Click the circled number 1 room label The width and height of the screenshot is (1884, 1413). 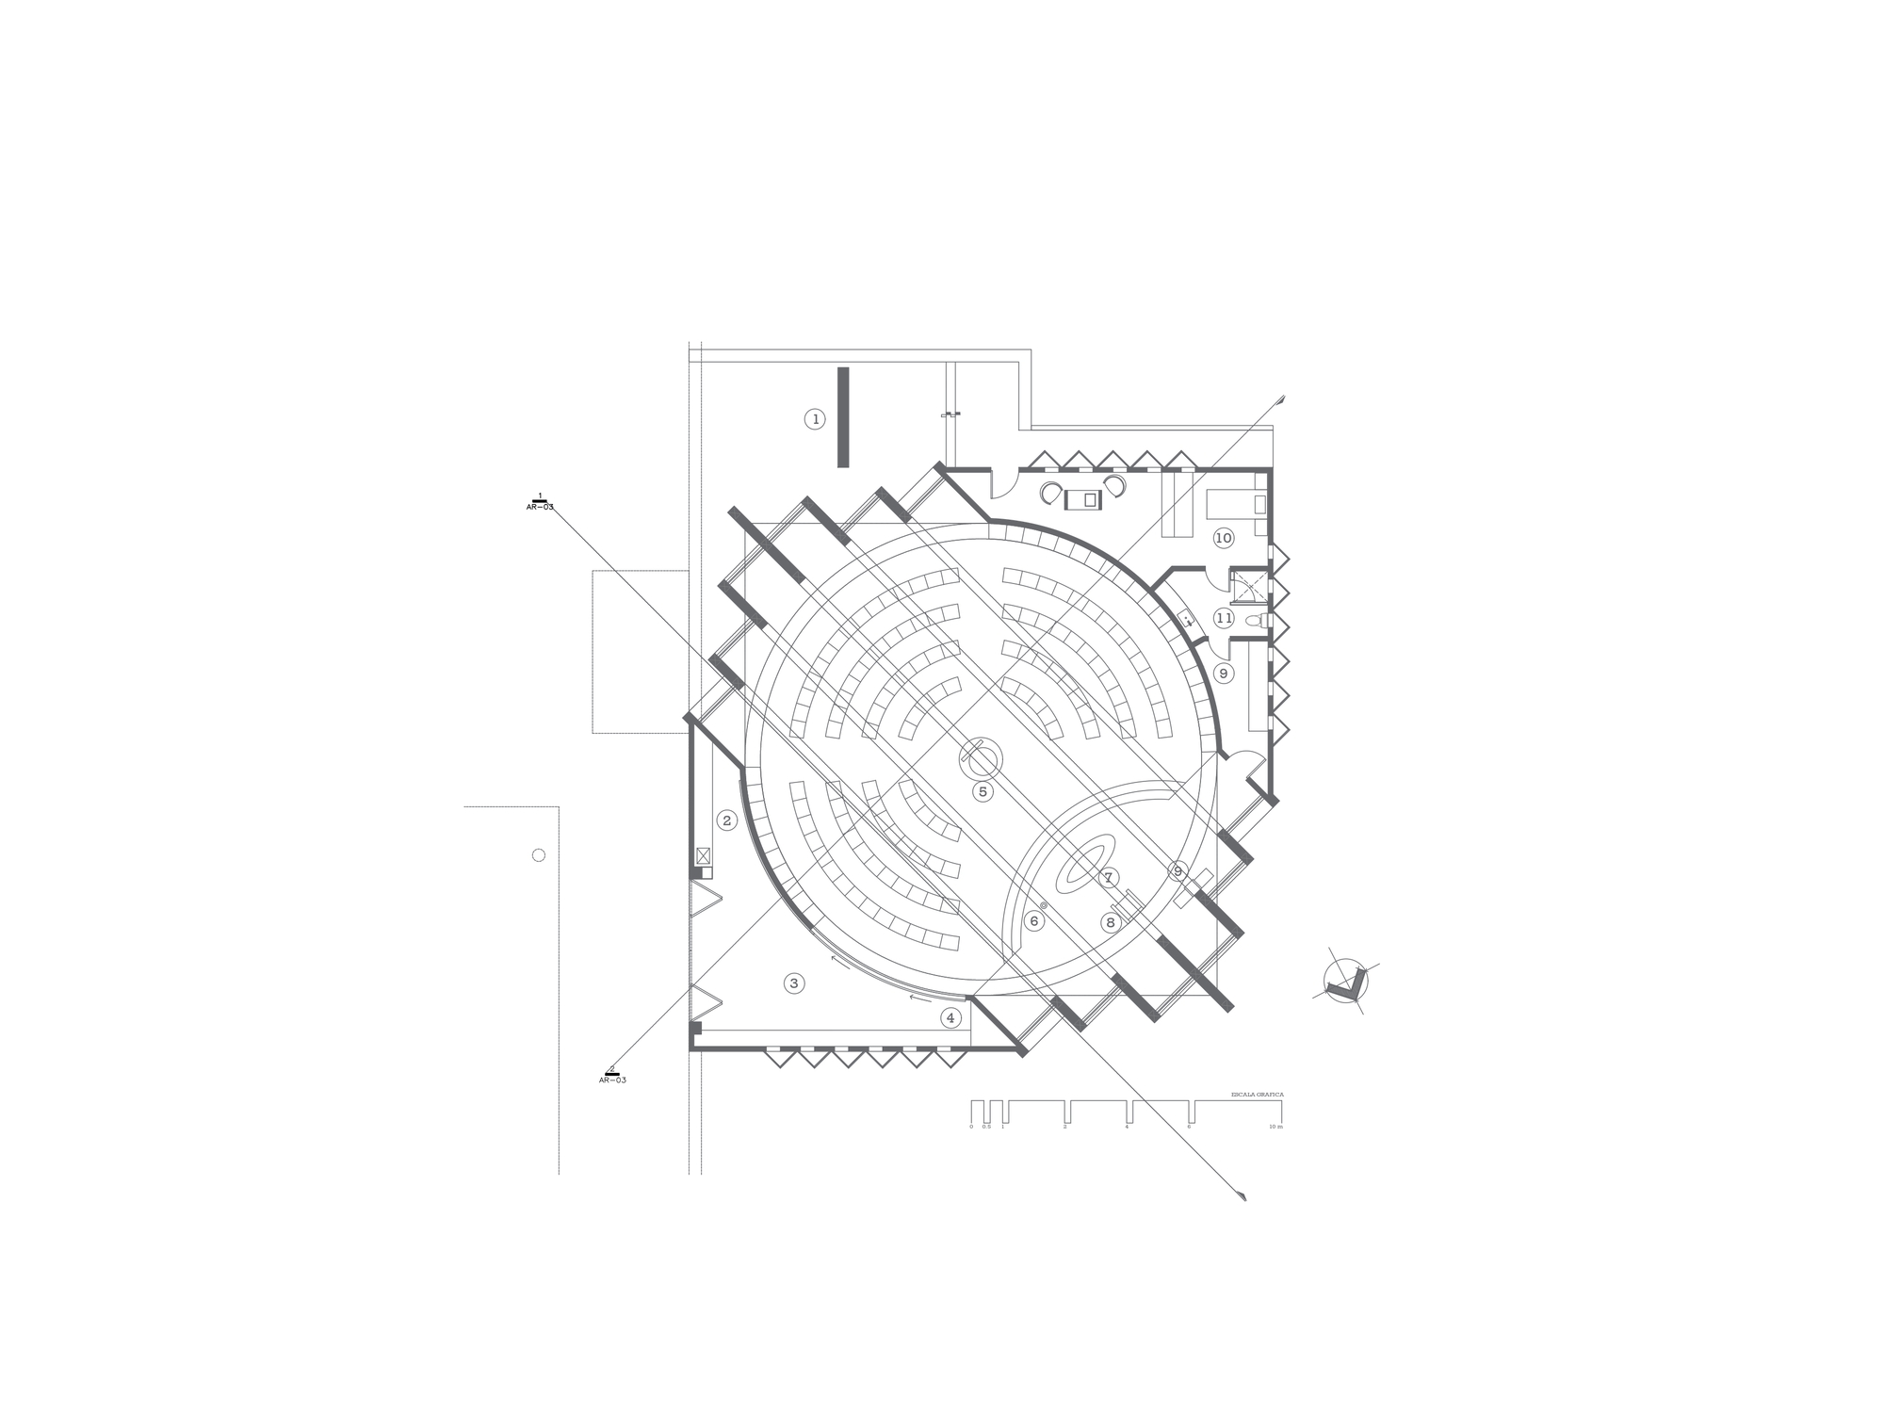click(x=816, y=419)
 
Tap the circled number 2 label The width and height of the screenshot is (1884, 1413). click(x=726, y=820)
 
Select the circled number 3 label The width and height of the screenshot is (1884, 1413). click(x=794, y=983)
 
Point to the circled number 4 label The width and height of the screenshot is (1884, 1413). click(x=950, y=1017)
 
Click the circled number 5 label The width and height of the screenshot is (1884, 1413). click(x=983, y=791)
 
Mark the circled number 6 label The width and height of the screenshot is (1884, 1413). click(x=1034, y=920)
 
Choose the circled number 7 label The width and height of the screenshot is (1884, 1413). click(x=1109, y=878)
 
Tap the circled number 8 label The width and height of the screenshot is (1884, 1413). click(x=1111, y=922)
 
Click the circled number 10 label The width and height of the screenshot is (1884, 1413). click(x=1223, y=538)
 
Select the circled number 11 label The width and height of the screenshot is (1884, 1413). click(x=1224, y=618)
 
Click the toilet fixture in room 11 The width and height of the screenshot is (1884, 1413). click(x=1256, y=620)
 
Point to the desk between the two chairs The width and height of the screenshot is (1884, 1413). click(x=1083, y=499)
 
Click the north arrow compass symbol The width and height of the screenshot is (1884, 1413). click(x=1345, y=983)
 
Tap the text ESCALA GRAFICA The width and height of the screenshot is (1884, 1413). click(x=1257, y=1095)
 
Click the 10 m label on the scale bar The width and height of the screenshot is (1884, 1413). click(x=1275, y=1127)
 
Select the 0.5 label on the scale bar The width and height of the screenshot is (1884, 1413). click(x=986, y=1127)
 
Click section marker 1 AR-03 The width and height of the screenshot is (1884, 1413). click(x=540, y=502)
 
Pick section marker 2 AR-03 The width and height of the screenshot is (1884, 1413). click(x=612, y=1075)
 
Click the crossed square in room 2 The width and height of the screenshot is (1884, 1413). click(x=703, y=855)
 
